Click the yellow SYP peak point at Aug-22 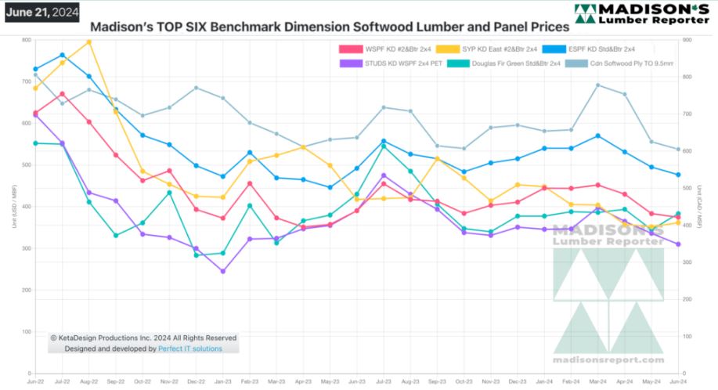[89, 41]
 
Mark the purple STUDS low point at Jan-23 [223, 271]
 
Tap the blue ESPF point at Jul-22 [63, 55]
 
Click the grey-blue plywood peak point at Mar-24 [598, 85]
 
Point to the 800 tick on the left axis [27, 40]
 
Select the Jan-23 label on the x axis [222, 381]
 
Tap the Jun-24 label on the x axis [677, 381]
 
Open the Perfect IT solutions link [190, 348]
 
